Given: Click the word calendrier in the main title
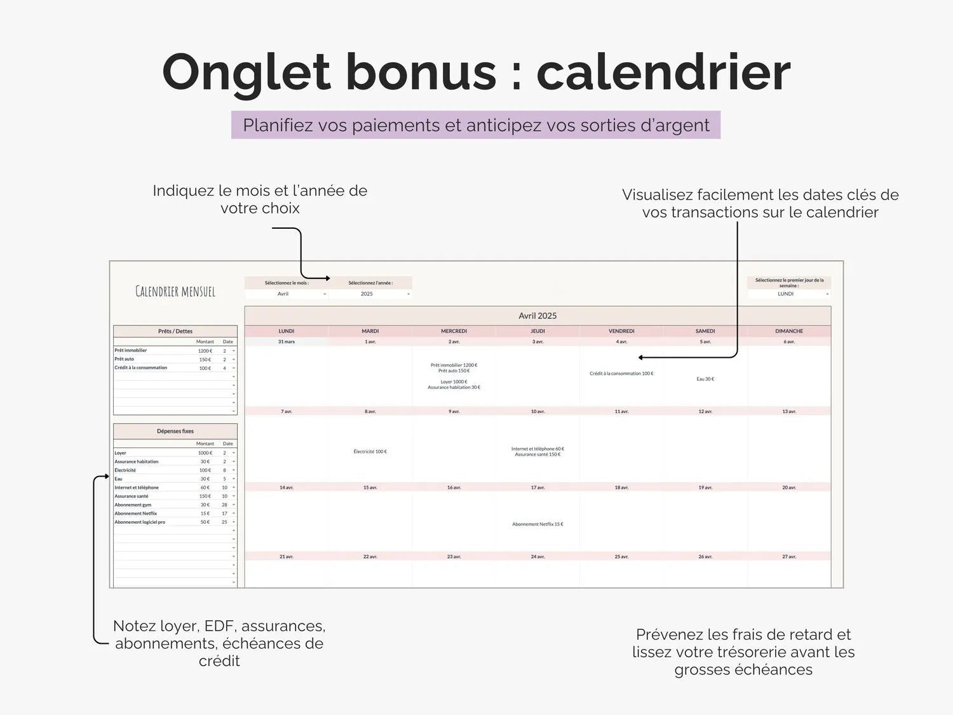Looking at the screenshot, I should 663,72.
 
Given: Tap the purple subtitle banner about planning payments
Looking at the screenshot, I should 476,125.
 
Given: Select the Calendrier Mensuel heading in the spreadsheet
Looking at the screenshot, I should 175,292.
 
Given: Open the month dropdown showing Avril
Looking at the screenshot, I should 287,294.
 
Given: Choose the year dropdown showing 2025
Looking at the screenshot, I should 370,294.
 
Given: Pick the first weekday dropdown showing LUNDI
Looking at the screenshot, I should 788,294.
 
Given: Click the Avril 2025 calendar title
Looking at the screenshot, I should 537,316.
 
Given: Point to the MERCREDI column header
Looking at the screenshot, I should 454,331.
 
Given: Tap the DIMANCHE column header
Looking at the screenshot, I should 789,331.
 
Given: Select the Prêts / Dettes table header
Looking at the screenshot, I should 175,331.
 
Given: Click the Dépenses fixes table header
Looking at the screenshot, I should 175,431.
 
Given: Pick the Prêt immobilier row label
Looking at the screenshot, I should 131,350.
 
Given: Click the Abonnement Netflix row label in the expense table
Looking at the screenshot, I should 136,514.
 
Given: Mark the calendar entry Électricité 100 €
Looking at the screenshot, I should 370,452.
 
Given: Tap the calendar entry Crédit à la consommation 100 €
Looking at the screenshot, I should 621,374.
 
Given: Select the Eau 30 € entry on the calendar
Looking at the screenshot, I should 705,379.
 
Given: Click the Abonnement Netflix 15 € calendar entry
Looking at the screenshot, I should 537,524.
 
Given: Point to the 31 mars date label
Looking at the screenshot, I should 287,342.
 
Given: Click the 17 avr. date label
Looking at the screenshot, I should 537,487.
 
